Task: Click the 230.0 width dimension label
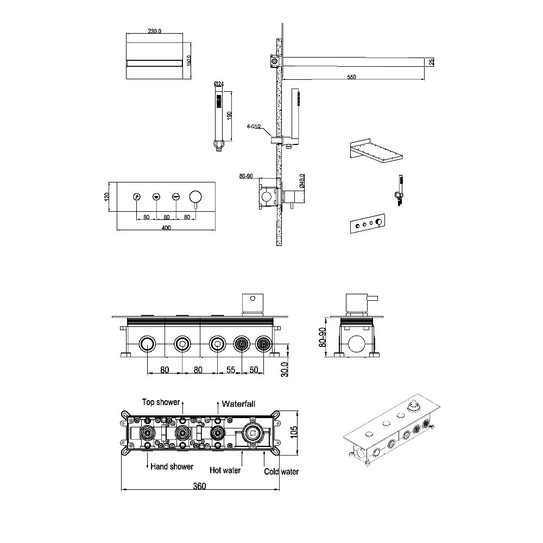point(154,31)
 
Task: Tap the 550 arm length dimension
point(351,77)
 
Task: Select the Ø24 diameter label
point(219,84)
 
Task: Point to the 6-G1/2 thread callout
point(254,127)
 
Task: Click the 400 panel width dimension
point(166,228)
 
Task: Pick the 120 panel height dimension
point(106,197)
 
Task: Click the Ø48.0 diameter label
point(302,181)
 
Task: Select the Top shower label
point(161,402)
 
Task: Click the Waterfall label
point(238,404)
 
